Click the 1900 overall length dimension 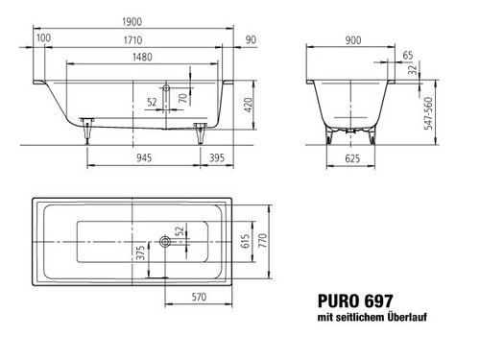(132, 22)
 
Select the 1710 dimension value (132, 40)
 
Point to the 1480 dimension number (142, 57)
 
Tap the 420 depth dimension (249, 105)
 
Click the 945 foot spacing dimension (144, 157)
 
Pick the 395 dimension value (217, 157)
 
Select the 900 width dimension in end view (353, 40)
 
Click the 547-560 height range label (428, 113)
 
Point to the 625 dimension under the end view (352, 158)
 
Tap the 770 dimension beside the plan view (262, 240)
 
